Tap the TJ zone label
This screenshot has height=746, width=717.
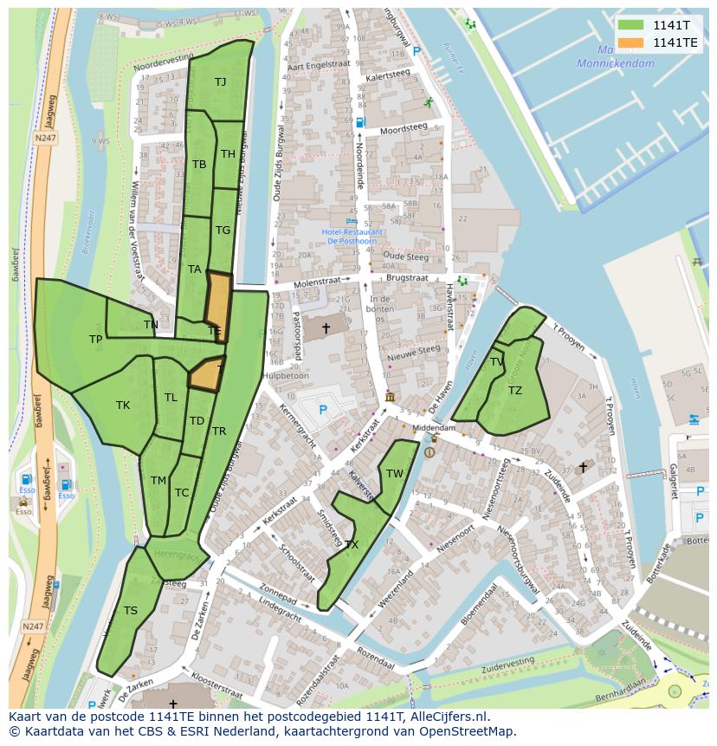(x=220, y=81)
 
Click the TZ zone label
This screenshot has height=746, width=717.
(x=514, y=391)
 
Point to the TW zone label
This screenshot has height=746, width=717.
(x=395, y=473)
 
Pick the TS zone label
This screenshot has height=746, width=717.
(x=130, y=610)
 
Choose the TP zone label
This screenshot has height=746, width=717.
(x=95, y=340)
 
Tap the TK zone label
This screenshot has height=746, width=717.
(x=123, y=405)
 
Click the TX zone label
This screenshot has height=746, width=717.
(x=352, y=545)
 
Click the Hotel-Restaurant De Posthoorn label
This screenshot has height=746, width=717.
(x=352, y=237)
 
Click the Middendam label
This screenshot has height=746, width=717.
(x=434, y=428)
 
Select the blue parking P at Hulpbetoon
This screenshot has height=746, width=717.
(x=323, y=410)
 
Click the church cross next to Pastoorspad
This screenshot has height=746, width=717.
(x=326, y=328)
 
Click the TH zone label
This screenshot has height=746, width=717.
(x=228, y=154)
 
